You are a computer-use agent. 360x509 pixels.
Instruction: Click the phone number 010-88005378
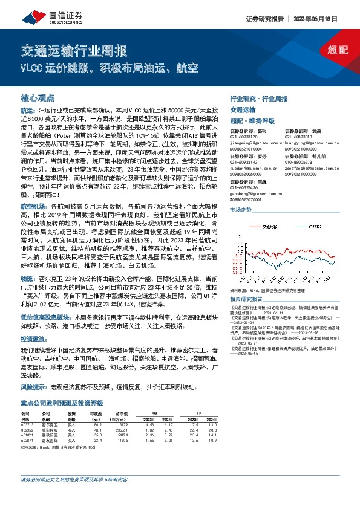(x=298, y=161)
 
